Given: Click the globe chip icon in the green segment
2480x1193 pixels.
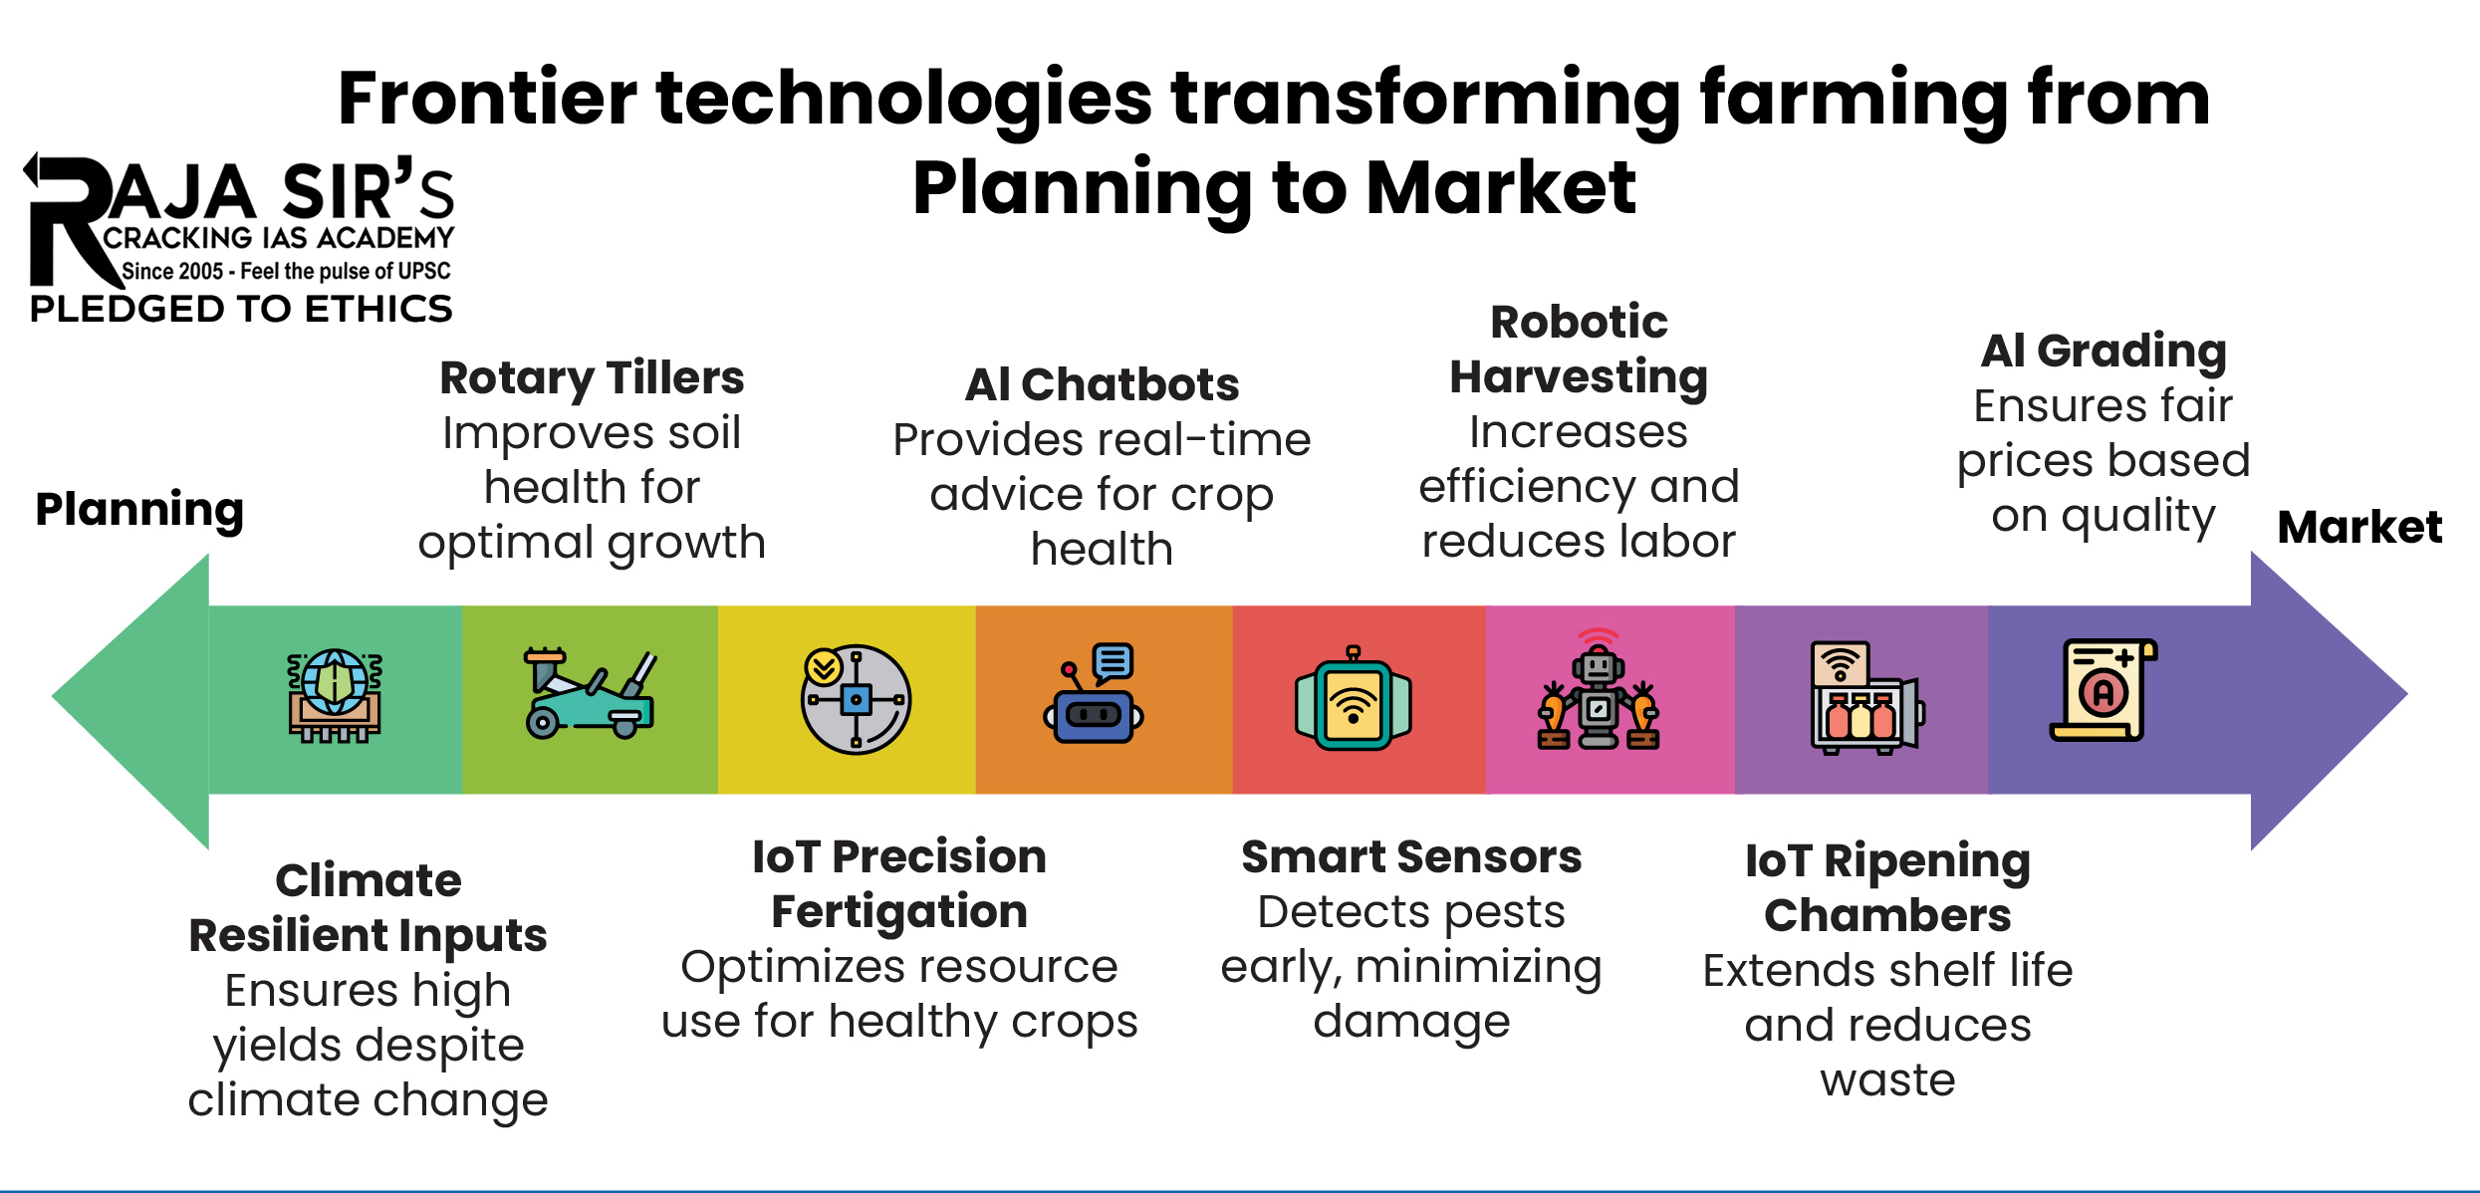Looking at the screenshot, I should point(335,697).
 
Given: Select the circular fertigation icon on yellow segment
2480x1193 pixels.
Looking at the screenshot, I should point(856,699).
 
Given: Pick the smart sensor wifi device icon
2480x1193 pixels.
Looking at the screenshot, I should point(1353,700).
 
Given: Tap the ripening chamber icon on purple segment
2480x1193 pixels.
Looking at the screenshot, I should point(1863,697).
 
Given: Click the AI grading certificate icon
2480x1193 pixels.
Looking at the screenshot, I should point(2103,691).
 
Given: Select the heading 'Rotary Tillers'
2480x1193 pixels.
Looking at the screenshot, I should point(592,378).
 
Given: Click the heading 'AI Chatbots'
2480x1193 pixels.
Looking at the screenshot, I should point(1102,385).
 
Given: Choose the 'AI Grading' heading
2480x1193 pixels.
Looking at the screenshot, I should point(2104,351).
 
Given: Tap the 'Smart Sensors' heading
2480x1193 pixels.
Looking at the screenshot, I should point(1410,857).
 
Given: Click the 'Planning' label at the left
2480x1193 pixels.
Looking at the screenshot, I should point(139,510).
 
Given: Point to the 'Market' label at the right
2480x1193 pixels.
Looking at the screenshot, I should point(2359,527).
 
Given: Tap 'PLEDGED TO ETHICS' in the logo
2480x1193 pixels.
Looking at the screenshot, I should point(241,310).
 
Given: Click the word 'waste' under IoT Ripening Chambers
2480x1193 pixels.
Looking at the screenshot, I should point(1887,1080).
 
